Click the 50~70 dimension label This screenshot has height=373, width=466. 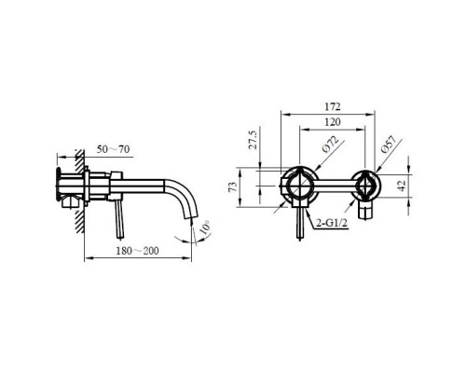[113, 149]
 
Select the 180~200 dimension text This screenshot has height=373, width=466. [137, 251]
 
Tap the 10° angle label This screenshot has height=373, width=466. [204, 228]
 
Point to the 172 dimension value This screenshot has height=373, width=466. [333, 106]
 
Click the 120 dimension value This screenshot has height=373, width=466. [333, 122]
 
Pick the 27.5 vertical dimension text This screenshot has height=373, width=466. [254, 140]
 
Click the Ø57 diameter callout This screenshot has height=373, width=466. [389, 145]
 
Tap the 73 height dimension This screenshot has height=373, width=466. [233, 186]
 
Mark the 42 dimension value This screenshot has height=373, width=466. [402, 186]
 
